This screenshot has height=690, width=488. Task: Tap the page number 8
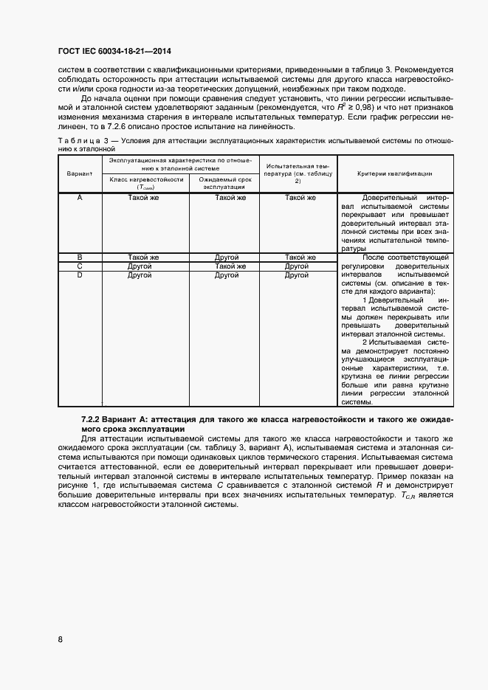click(60, 639)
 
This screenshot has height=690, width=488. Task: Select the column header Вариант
click(79, 173)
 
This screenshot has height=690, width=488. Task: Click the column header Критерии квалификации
click(395, 173)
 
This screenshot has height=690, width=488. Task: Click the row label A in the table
click(79, 198)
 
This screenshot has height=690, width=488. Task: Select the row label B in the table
click(79, 258)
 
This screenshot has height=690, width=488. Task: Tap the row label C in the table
click(79, 266)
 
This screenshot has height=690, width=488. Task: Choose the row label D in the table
click(79, 275)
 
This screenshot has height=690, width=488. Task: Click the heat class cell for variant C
click(140, 266)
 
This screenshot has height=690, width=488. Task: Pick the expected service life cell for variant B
click(226, 258)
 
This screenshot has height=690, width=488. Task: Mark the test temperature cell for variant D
click(297, 275)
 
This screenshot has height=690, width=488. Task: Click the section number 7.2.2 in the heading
click(93, 419)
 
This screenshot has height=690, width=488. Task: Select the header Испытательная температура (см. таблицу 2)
click(298, 173)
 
